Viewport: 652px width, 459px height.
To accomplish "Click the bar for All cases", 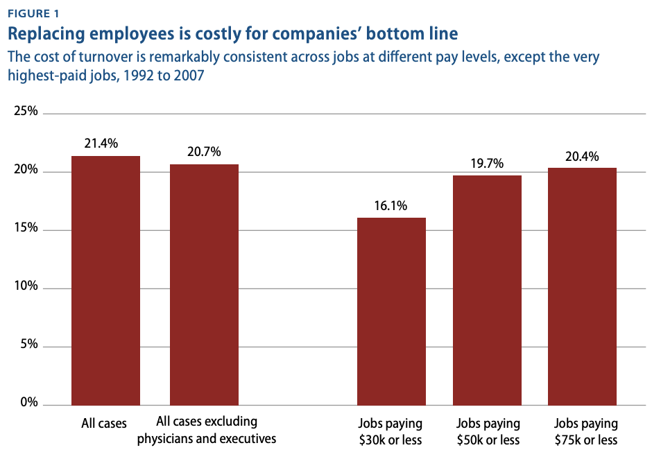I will [x=105, y=280].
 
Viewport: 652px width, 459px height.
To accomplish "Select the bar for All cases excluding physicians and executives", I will [x=204, y=284].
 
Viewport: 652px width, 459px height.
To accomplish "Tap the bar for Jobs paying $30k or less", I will [x=391, y=311].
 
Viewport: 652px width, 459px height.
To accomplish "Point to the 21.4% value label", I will [x=101, y=144].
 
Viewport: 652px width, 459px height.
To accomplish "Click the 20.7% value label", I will [x=204, y=152].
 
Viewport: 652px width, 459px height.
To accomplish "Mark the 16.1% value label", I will [x=391, y=205].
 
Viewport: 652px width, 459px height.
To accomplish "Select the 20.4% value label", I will [x=582, y=156].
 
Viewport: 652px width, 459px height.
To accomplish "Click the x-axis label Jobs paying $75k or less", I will [x=585, y=431].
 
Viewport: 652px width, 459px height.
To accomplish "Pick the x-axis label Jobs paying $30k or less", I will [x=391, y=431].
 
